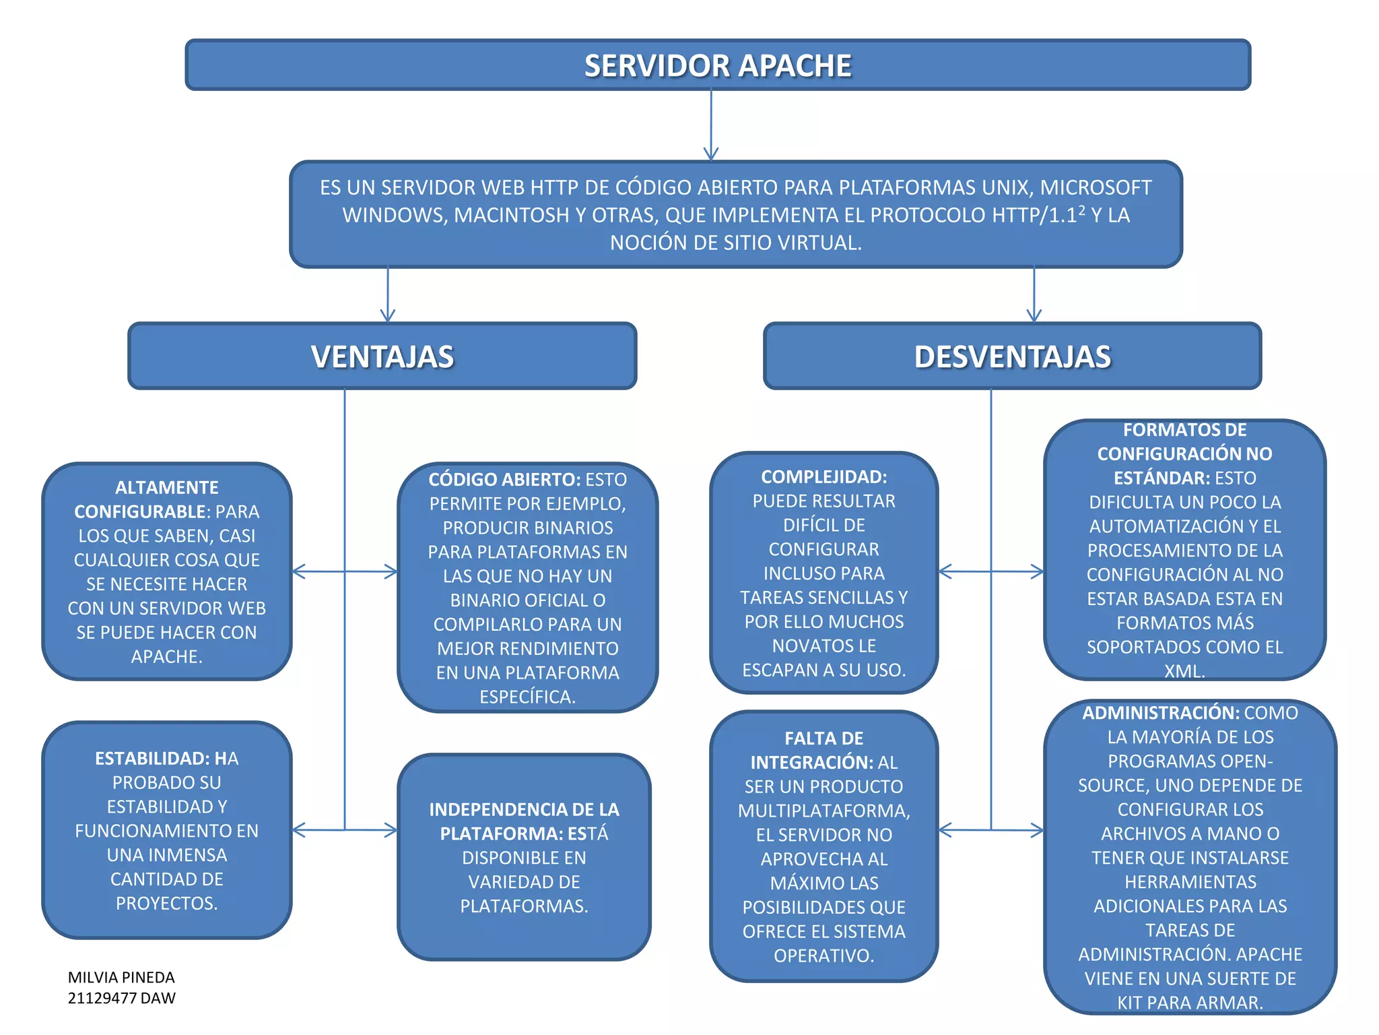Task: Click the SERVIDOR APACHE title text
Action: point(718,66)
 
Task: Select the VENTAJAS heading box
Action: point(382,356)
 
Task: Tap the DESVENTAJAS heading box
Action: point(1012,356)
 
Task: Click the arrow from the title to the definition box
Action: point(711,125)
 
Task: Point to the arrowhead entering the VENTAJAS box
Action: point(388,315)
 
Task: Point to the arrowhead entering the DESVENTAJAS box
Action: point(1034,315)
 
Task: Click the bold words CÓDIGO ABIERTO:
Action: point(504,480)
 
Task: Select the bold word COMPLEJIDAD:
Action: point(823,477)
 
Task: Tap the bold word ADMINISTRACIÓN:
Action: point(1161,713)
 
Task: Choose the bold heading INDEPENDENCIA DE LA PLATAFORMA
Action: point(524,821)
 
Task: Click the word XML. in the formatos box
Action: point(1184,671)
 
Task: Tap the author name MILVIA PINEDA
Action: point(121,977)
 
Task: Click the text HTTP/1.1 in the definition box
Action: point(1034,216)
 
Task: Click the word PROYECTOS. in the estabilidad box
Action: point(166,904)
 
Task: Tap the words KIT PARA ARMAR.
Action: point(1190,1003)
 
